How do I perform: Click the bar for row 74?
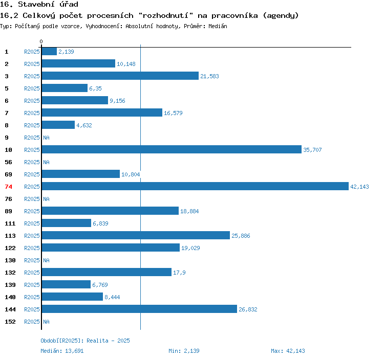point(195,187)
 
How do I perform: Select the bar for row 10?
point(171,150)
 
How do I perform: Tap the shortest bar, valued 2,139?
point(49,52)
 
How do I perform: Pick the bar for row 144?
point(139,309)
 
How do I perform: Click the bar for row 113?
point(135,236)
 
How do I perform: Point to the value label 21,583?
point(209,76)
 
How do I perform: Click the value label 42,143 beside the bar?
point(359,187)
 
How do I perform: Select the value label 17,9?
point(179,273)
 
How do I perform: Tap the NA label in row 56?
point(46,162)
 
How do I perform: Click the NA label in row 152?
point(46,322)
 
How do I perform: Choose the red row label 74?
point(8,187)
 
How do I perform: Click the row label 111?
point(10,223)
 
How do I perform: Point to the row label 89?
point(8,211)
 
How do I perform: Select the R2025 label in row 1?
point(32,52)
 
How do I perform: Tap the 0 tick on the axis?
point(41,41)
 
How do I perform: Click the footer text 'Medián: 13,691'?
point(62,351)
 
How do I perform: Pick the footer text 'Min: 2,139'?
point(184,351)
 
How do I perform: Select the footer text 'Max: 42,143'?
point(288,351)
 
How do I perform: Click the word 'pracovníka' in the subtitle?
point(234,15)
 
